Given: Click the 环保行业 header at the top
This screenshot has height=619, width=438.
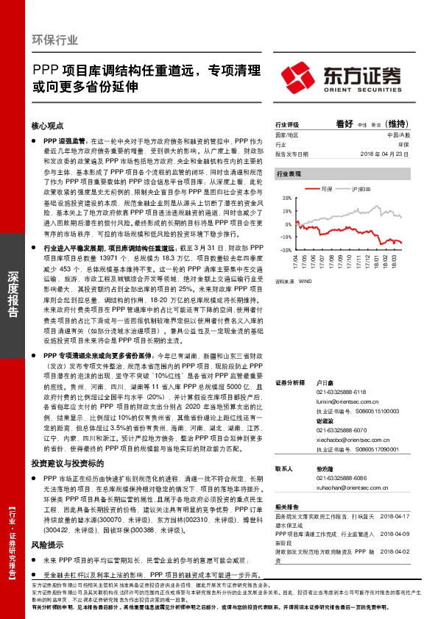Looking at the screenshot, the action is [56, 39].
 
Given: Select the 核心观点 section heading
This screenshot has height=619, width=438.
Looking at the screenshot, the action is [48, 126].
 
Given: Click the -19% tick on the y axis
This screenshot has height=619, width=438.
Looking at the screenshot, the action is [286, 237].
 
